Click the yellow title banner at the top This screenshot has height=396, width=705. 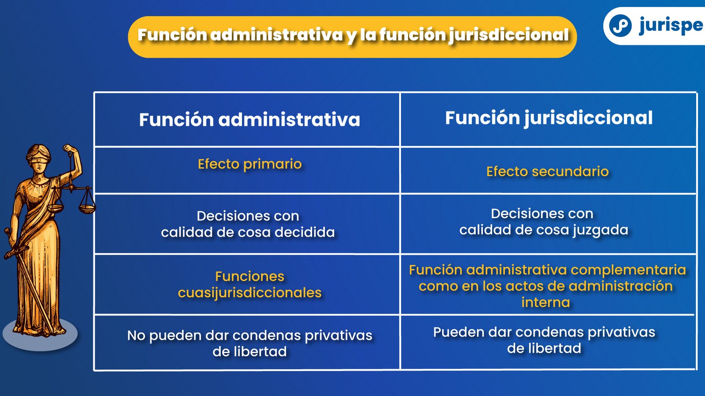pyautogui.click(x=352, y=37)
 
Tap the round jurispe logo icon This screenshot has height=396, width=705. pyautogui.click(x=620, y=26)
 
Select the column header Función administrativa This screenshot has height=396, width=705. pyautogui.click(x=249, y=119)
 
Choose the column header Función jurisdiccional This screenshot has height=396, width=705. pyautogui.click(x=549, y=118)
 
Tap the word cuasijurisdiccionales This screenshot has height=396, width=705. pyautogui.click(x=249, y=293)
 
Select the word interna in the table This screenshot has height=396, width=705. pyautogui.click(x=545, y=302)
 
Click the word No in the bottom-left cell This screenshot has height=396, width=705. pyautogui.click(x=136, y=335)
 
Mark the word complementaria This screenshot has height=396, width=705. pyautogui.click(x=628, y=270)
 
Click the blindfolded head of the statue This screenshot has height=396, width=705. pyautogui.click(x=38, y=157)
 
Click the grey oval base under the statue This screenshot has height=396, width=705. pyautogui.click(x=40, y=334)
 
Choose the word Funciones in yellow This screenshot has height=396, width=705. pyautogui.click(x=249, y=277)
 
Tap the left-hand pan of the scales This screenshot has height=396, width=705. pyautogui.click(x=55, y=207)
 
